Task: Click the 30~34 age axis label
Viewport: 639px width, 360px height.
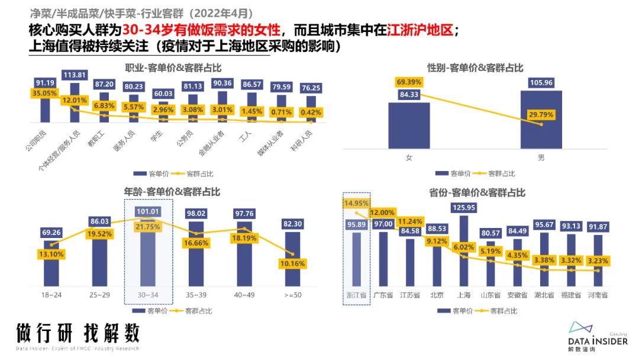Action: coord(148,295)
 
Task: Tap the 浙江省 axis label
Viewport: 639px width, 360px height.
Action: coord(357,295)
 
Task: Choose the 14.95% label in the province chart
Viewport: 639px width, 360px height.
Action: coord(356,204)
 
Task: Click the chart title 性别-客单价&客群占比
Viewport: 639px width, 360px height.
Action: coord(475,68)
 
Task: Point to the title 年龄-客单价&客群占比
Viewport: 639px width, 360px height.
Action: coord(172,192)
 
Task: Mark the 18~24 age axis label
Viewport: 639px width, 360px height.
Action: coord(51,295)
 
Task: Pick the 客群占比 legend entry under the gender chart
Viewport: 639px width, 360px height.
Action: coord(502,173)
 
